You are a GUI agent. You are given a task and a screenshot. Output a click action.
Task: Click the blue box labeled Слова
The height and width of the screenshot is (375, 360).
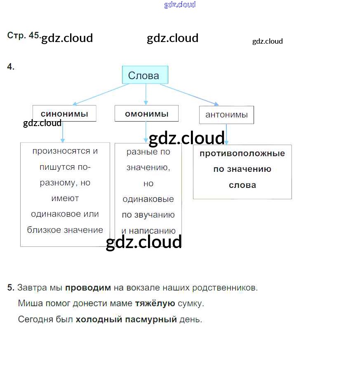145,75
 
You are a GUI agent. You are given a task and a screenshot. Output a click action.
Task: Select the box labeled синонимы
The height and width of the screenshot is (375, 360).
64,114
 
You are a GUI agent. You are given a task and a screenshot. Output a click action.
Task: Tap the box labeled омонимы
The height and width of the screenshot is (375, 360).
146,114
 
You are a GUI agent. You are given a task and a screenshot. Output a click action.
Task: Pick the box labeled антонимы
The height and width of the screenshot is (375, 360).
226,115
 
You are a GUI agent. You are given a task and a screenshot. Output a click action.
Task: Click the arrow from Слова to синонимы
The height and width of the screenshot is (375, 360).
101,94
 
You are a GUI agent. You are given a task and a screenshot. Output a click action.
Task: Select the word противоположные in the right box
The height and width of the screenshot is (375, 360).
242,154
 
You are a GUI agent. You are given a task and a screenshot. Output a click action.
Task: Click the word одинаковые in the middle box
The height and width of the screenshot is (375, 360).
148,199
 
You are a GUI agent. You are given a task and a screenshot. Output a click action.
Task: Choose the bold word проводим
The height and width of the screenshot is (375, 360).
88,288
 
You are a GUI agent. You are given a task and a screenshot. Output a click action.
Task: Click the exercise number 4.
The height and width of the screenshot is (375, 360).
11,67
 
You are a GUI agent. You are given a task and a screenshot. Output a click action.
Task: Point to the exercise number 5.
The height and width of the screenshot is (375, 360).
11,288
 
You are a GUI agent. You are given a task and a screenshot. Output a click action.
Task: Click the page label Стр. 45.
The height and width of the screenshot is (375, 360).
23,36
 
